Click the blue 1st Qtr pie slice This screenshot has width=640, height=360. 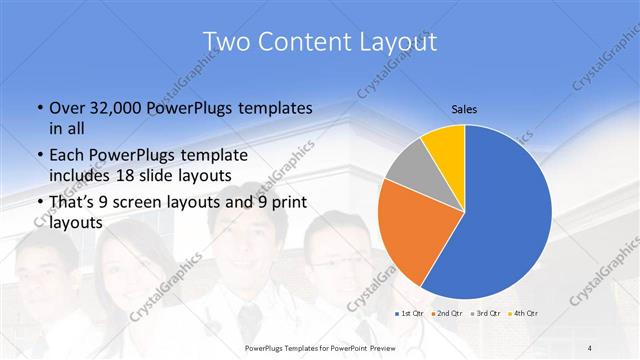pos(510,215)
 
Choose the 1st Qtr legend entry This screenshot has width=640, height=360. pos(410,314)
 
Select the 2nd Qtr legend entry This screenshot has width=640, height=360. pos(448,314)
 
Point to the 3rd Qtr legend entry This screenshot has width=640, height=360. pos(486,314)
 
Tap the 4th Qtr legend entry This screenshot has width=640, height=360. pos(524,314)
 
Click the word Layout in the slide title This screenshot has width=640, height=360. pos(393,41)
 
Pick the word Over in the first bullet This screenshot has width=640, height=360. pos(63,107)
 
